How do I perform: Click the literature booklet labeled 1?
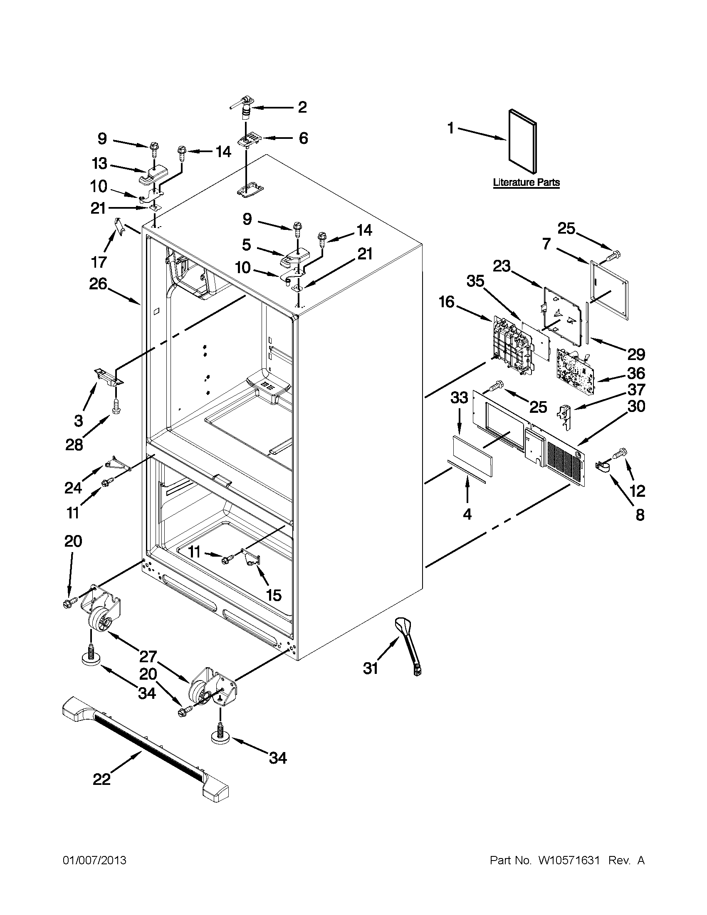click(522, 142)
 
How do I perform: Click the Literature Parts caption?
click(527, 183)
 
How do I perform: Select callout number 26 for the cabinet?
click(98, 284)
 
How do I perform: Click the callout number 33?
click(459, 397)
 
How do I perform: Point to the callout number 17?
click(99, 262)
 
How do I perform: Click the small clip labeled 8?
click(603, 466)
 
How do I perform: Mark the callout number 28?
click(74, 444)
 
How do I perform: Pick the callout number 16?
click(447, 301)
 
